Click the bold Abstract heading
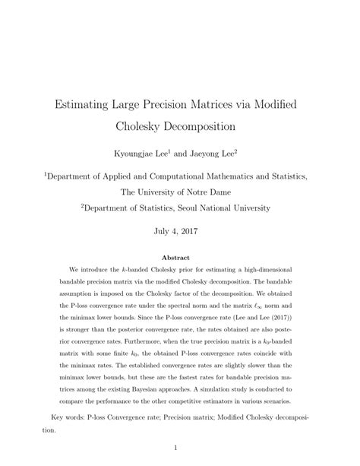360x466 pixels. point(180,259)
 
